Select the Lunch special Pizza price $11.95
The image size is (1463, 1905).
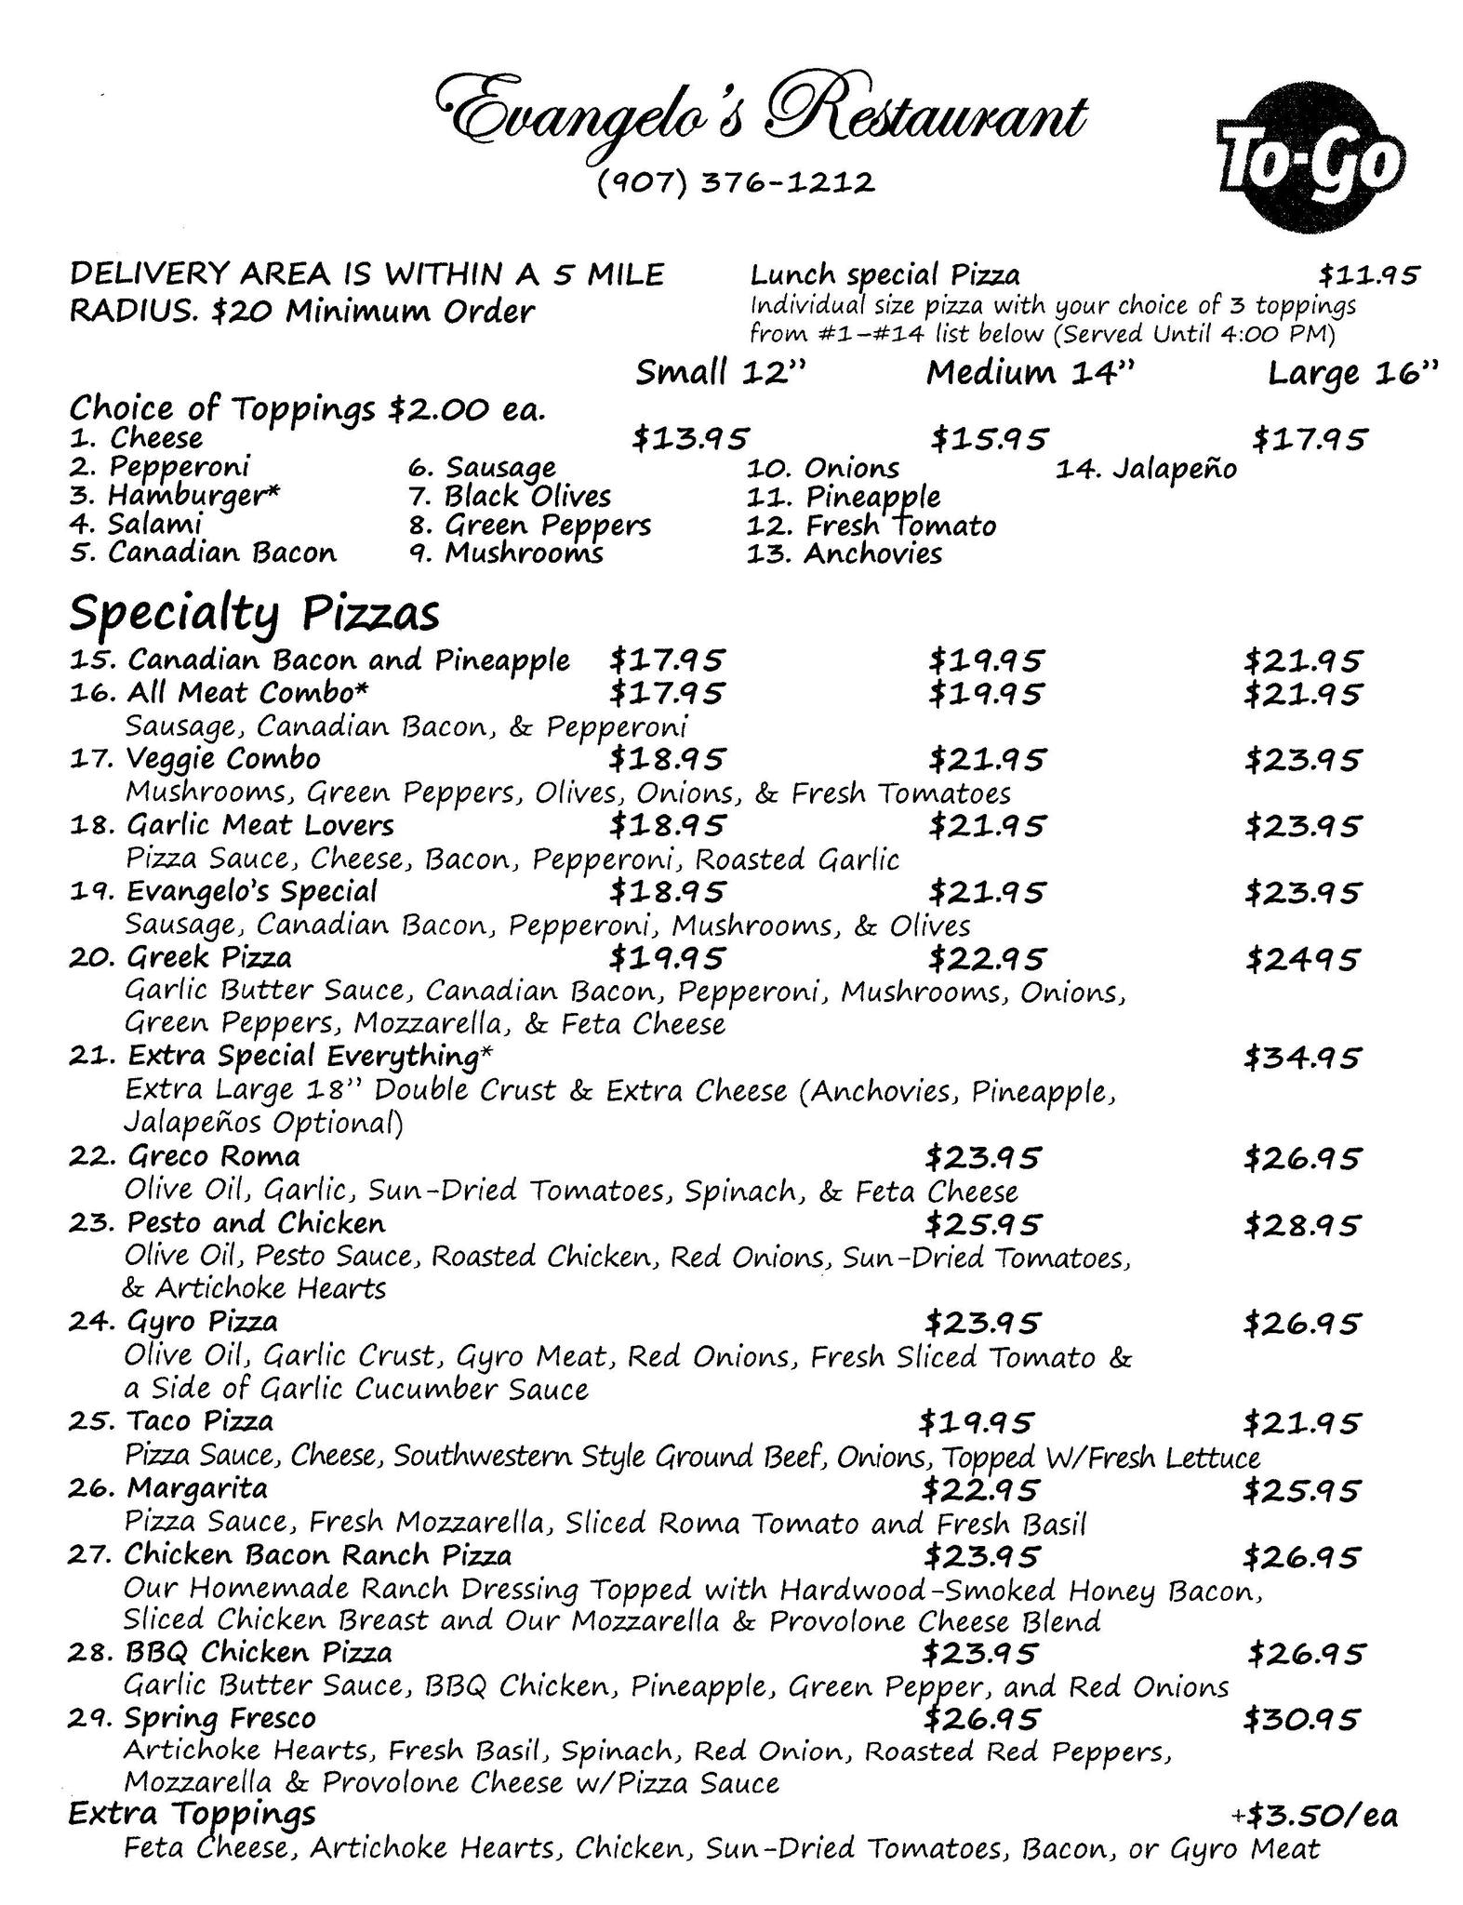[1368, 274]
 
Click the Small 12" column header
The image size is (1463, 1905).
[719, 373]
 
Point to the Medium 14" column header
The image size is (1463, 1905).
[1031, 373]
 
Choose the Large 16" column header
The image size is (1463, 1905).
[1352, 374]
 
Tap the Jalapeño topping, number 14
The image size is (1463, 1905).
[1146, 468]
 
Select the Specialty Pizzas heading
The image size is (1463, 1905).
[254, 613]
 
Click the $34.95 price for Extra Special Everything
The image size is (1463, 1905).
[1302, 1058]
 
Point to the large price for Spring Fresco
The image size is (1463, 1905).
[1302, 1718]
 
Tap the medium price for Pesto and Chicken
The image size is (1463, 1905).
[983, 1224]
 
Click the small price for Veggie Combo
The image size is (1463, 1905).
[666, 759]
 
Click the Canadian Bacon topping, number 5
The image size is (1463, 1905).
[203, 553]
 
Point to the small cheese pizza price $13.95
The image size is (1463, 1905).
[689, 437]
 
